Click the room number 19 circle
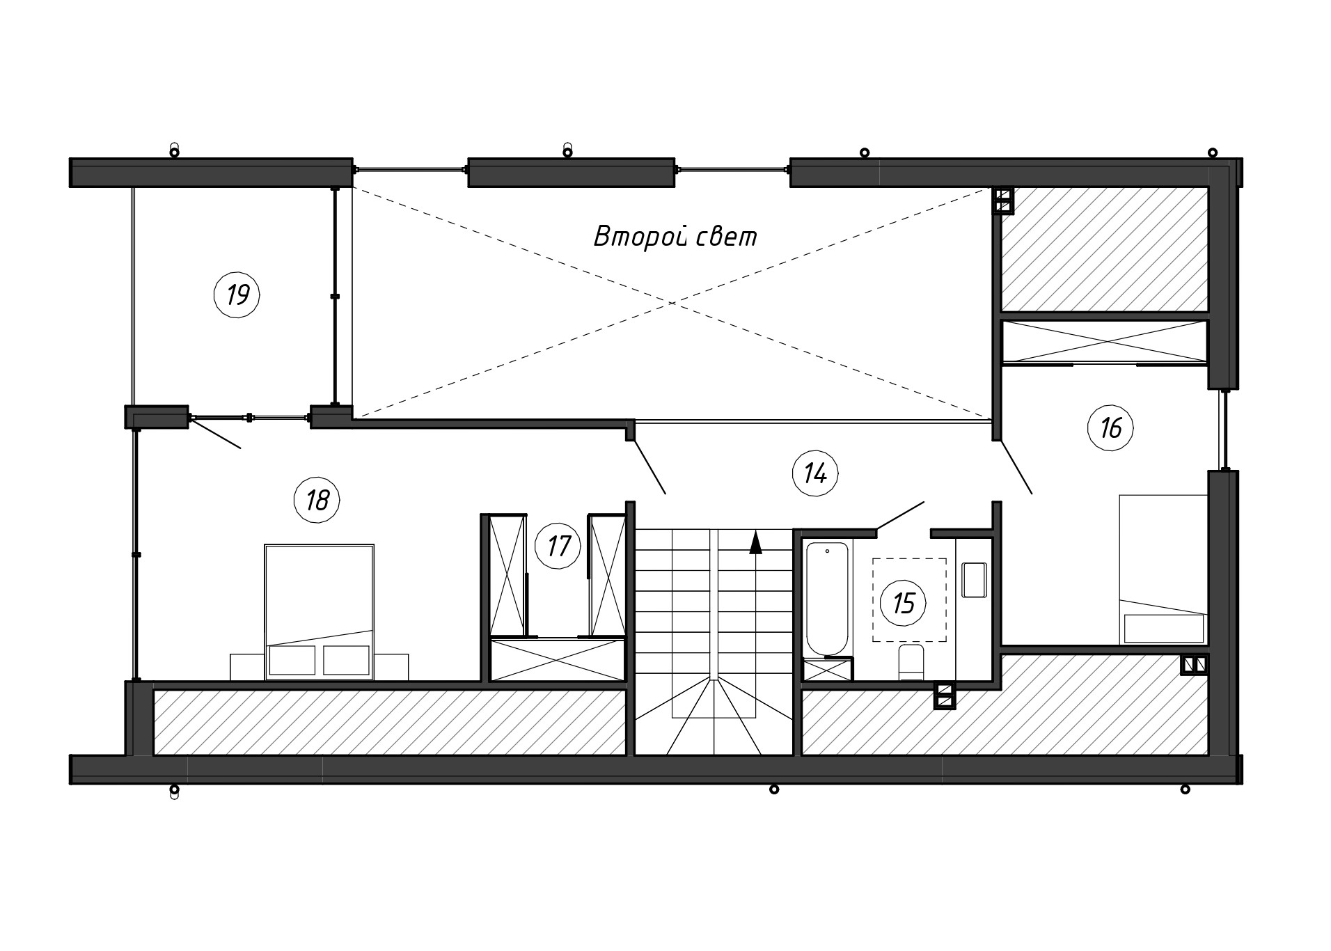coord(237,294)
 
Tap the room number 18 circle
coord(317,500)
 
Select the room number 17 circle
coord(558,546)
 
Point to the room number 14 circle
coord(815,473)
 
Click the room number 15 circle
coord(903,603)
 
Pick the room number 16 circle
coord(1110,427)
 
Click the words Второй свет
coord(675,237)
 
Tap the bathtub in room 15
coord(827,599)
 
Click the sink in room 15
coord(975,580)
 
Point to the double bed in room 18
coord(320,612)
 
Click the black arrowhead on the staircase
coord(755,542)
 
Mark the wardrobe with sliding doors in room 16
coord(1104,342)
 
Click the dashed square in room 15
coord(909,599)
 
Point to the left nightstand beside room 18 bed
coord(247,666)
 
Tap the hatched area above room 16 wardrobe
coord(1104,249)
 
